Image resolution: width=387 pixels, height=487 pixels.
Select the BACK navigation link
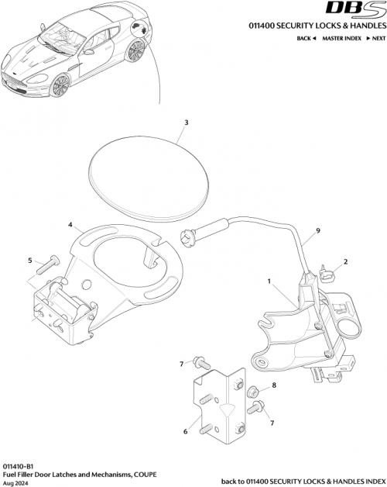pyautogui.click(x=305, y=38)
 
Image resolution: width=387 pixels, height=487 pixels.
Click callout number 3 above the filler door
pyautogui.click(x=186, y=122)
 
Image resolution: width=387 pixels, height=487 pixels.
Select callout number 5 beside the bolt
pyautogui.click(x=31, y=261)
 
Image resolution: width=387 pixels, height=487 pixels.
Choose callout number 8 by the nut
pyautogui.click(x=273, y=385)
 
